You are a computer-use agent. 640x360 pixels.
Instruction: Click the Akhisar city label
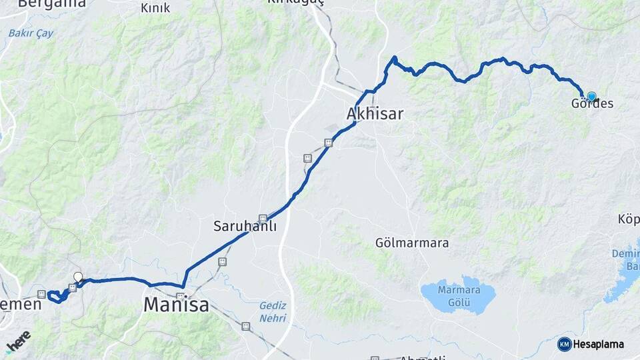click(375, 114)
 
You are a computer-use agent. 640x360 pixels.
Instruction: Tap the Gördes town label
click(592, 104)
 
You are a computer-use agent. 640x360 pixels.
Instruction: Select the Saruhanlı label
click(245, 226)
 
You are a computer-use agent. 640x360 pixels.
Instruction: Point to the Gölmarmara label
click(411, 243)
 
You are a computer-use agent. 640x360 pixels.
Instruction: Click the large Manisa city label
click(176, 306)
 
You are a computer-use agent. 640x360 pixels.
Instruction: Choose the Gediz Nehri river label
click(272, 311)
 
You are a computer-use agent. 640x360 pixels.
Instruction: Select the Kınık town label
click(155, 8)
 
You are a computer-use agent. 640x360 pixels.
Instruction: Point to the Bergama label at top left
click(52, 3)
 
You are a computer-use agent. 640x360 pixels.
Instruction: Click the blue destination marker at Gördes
click(591, 96)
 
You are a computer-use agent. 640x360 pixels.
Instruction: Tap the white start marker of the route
click(78, 277)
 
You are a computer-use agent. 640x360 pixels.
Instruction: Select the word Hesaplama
click(598, 345)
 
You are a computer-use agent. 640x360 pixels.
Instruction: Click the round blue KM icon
click(564, 344)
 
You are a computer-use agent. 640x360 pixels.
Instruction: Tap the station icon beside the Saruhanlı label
click(263, 217)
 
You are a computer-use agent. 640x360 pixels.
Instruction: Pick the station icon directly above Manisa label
click(180, 295)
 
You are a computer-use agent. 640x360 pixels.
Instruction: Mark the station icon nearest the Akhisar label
click(327, 142)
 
